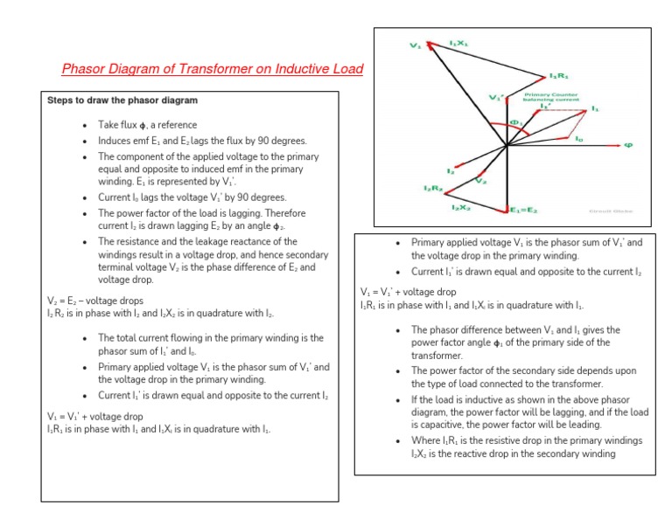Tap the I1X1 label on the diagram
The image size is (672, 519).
pos(459,42)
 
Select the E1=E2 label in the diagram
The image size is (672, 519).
pos(525,211)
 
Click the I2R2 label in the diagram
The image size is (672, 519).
pos(431,189)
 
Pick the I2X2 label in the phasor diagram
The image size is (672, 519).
pos(461,208)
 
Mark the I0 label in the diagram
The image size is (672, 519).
pos(578,138)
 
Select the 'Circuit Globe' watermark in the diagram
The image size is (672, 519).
pos(603,211)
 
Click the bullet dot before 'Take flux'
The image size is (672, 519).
pos(84,125)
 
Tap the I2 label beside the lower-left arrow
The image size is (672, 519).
pos(450,171)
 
